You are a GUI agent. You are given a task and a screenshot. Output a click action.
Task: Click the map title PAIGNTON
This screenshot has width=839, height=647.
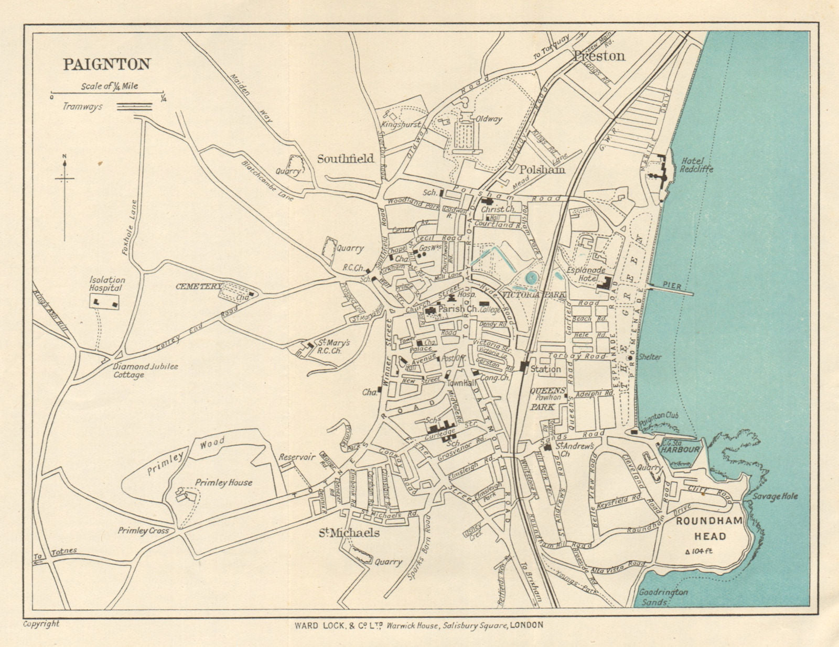107,64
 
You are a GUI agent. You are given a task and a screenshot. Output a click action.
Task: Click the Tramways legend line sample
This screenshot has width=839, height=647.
134,106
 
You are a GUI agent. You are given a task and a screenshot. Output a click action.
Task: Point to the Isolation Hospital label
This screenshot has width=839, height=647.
106,284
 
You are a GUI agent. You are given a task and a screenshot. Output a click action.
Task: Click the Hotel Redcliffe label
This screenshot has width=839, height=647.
696,165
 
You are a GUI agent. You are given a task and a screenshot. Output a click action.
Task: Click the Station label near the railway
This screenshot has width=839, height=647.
545,369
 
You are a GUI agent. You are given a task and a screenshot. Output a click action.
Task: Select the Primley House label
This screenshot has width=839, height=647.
223,482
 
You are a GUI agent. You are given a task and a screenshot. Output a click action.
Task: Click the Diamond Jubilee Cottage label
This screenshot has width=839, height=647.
145,370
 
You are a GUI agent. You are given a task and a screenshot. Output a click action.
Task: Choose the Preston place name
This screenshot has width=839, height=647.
599,56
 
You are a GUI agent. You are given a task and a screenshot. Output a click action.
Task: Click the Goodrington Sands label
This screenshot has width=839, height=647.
663,597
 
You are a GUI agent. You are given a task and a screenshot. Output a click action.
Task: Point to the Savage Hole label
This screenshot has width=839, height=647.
775,496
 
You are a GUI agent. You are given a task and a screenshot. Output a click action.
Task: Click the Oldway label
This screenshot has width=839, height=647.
488,119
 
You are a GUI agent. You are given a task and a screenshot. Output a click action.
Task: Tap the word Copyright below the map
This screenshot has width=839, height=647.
41,623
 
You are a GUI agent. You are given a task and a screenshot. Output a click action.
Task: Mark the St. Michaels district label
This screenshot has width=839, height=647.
349,533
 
